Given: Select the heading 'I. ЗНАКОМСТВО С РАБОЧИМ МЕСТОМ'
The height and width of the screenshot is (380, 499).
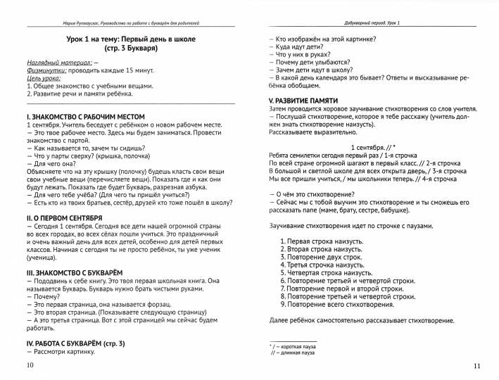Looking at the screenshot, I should pos(85,116).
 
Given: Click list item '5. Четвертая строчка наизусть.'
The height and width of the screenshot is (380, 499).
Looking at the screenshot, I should pos(326,272).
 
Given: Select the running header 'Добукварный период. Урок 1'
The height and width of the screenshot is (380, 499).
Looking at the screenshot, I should pos(374,24).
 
